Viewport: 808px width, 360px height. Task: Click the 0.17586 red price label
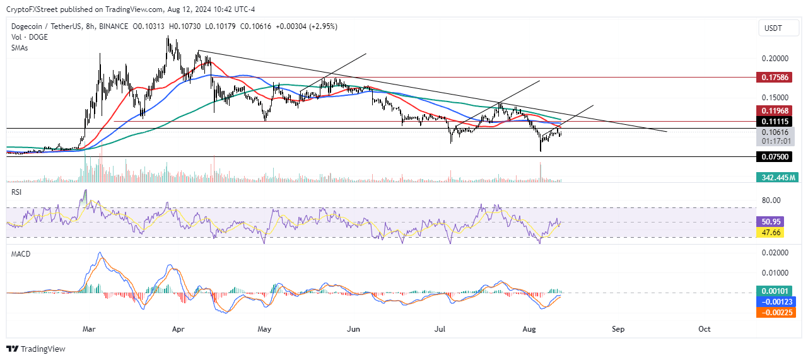click(x=775, y=78)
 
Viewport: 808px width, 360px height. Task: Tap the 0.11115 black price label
click(x=775, y=121)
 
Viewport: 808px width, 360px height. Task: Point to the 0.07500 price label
click(x=775, y=156)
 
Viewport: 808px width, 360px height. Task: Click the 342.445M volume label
click(x=775, y=178)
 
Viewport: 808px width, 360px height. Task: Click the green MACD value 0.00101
click(x=775, y=291)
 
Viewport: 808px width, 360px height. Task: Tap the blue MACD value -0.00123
click(x=775, y=301)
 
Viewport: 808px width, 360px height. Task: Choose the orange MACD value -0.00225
click(x=775, y=311)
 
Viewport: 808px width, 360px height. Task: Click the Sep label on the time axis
click(x=618, y=329)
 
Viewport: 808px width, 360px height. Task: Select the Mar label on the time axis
click(x=89, y=329)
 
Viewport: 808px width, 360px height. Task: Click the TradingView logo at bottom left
click(x=37, y=349)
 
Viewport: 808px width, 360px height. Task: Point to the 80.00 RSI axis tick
click(x=770, y=200)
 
